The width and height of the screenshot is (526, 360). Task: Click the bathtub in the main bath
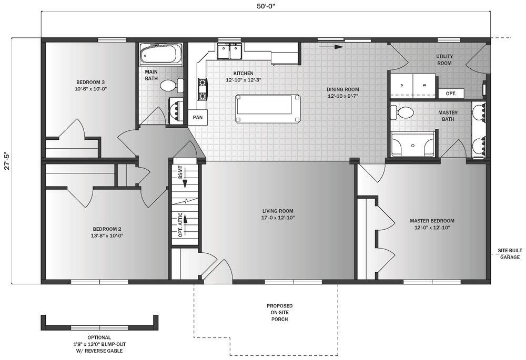161,54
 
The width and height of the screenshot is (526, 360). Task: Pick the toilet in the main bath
170,85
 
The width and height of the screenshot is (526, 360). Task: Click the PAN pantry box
198,117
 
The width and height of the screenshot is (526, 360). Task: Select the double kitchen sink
229,52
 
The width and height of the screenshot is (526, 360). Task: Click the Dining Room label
343,92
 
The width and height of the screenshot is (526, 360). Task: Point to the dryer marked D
402,85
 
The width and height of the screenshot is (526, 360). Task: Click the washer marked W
424,85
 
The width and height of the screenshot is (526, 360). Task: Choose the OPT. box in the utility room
451,94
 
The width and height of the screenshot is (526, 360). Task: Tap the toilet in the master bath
404,112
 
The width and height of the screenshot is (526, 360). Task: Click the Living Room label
278,214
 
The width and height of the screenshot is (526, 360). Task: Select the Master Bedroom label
432,224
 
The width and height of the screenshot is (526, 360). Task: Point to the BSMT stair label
180,175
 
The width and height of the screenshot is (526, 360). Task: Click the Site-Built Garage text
509,254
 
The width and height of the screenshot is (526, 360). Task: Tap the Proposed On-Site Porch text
279,312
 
